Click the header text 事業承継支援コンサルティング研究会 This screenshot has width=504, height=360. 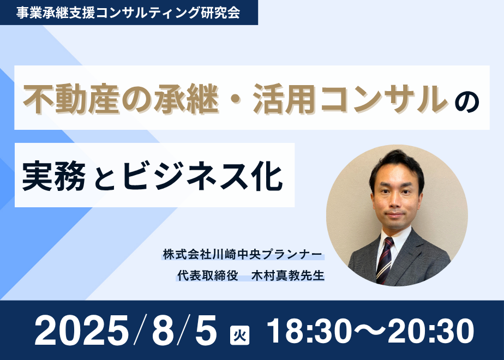pyautogui.click(x=128, y=13)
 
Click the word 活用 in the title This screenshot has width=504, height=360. pyautogui.click(x=284, y=99)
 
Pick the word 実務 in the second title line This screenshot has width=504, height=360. pyautogui.click(x=54, y=176)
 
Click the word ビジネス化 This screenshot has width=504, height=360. pyautogui.click(x=202, y=176)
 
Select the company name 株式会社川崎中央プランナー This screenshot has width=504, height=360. pyautogui.click(x=242, y=255)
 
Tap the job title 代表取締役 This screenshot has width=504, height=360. pyautogui.click(x=208, y=275)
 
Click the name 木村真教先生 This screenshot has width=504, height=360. pyautogui.click(x=287, y=275)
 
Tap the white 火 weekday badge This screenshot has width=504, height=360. pyautogui.click(x=240, y=335)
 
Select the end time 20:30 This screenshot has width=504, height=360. pyautogui.click(x=431, y=331)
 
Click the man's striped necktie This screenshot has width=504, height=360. pyautogui.click(x=385, y=260)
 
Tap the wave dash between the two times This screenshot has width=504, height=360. pyautogui.click(x=369, y=331)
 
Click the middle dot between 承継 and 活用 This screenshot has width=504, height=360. pyautogui.click(x=236, y=99)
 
